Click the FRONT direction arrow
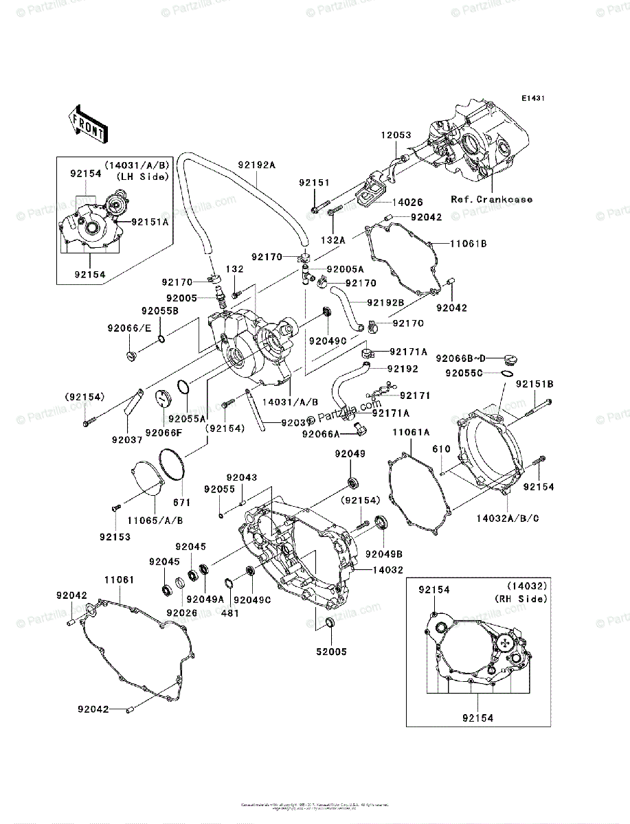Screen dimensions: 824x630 coord(87,124)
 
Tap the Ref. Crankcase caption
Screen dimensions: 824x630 coord(491,199)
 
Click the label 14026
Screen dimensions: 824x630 coord(407,203)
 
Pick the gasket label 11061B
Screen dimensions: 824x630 coord(469,243)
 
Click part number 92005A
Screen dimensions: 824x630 coord(345,269)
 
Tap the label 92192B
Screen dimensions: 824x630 coord(385,301)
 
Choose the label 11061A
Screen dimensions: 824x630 coord(411,432)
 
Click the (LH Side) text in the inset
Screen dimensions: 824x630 coord(143,176)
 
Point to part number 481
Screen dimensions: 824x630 coord(229,613)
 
